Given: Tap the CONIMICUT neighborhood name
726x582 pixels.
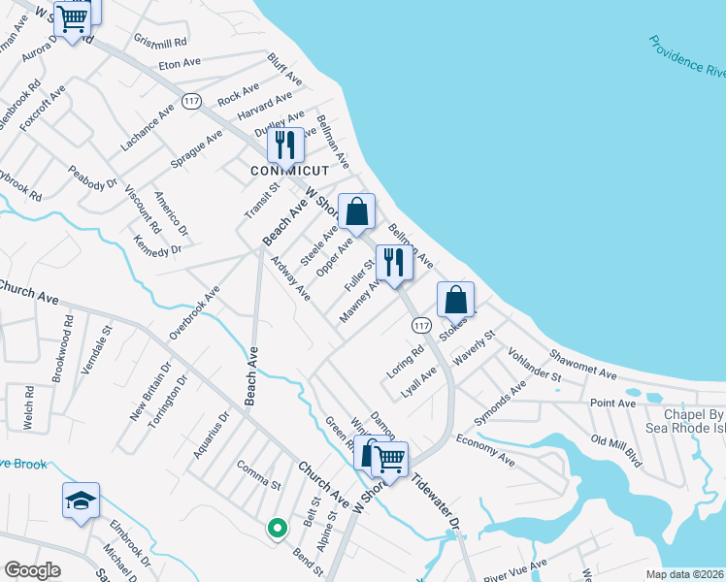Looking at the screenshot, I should [283, 171].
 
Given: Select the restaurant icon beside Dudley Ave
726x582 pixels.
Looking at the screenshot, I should [284, 145].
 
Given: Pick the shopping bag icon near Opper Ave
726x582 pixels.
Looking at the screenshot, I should [357, 211].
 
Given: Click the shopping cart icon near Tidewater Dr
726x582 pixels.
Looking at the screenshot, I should [390, 458].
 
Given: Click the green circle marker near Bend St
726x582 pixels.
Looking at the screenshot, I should [278, 529].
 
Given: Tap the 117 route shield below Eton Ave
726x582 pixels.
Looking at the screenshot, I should [191, 99].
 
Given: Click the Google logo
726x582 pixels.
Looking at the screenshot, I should [32, 570].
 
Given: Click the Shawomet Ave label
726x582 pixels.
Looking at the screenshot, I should [582, 364].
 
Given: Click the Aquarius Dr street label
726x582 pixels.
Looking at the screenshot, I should [210, 435].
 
